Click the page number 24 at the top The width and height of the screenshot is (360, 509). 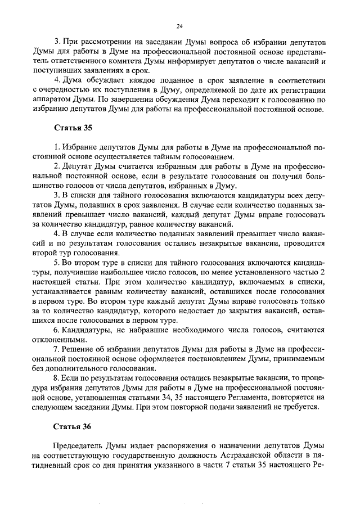point(179,26)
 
